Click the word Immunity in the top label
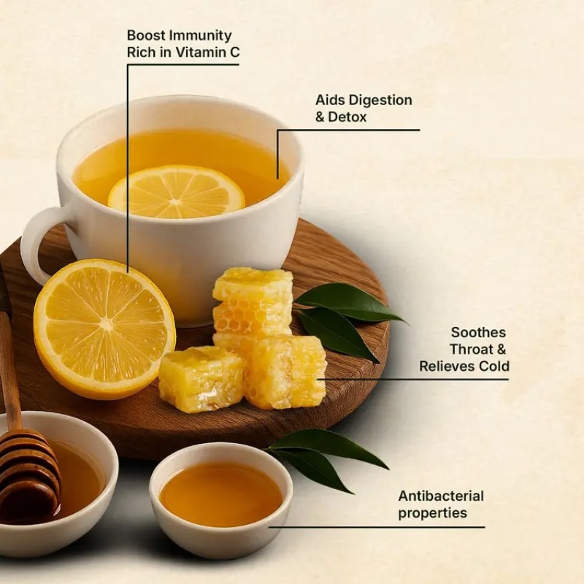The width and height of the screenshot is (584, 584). pos(200,36)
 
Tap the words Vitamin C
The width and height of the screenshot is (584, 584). pos(207,53)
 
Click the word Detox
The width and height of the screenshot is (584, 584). pos(347,117)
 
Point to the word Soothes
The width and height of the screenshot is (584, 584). pos(478,332)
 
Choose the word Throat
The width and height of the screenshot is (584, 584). pos(471,350)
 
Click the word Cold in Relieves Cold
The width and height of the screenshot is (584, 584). pos(494,366)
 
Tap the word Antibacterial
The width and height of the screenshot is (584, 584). pos(441,496)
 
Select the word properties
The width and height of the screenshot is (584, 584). pos(432,513)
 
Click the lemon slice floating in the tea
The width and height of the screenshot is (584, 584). pos(176,192)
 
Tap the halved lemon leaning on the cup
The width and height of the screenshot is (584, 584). pos(104,329)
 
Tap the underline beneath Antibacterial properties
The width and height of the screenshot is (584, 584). pos(377,527)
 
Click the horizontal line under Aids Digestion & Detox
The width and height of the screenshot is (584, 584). pos(349,130)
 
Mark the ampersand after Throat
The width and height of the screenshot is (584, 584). pos(502,350)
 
